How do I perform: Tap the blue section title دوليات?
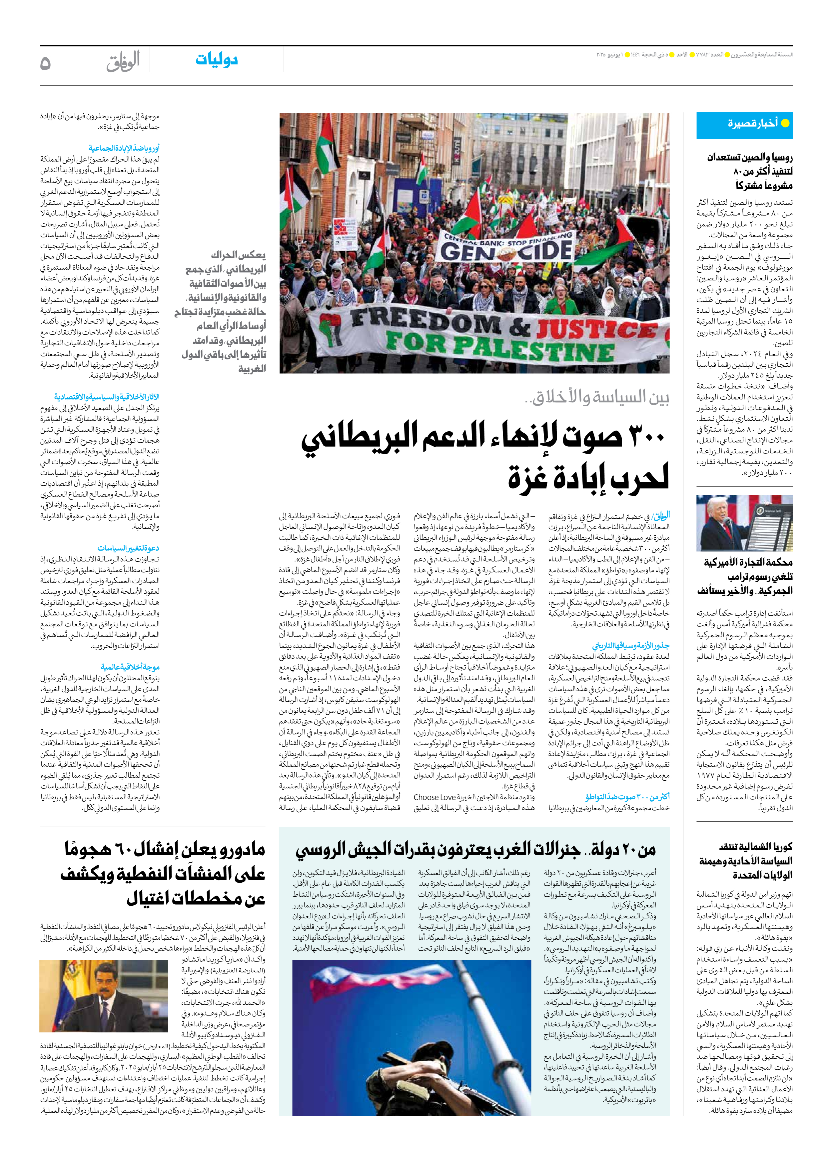217,60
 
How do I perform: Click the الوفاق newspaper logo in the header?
123,62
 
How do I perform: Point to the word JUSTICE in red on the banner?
596,329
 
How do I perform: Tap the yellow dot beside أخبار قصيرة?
785,123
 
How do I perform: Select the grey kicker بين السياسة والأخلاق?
597,398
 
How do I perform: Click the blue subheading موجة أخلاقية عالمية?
130,667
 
